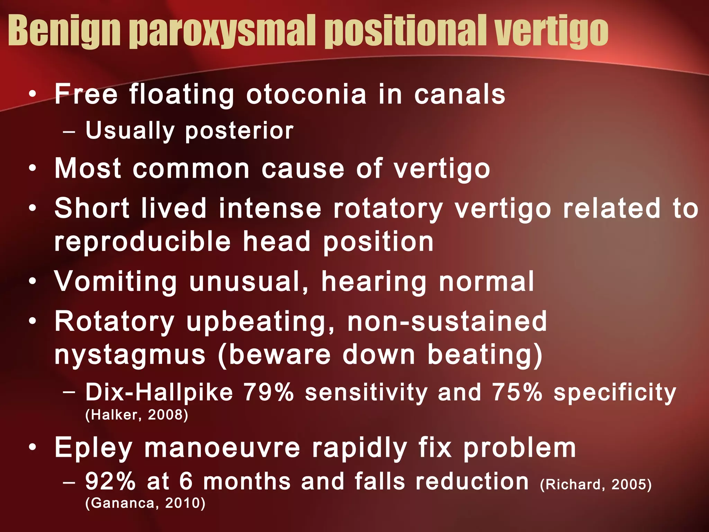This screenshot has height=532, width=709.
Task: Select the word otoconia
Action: click(306, 94)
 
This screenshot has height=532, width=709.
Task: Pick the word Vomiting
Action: click(116, 281)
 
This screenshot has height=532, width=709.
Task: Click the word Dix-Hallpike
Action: click(159, 392)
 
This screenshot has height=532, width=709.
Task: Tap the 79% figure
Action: click(269, 392)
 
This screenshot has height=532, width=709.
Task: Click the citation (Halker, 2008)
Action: click(137, 415)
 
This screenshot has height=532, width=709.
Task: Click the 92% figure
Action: click(110, 481)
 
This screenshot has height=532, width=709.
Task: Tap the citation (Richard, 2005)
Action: click(596, 484)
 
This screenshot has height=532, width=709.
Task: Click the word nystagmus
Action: click(130, 355)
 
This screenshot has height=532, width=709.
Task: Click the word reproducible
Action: click(142, 242)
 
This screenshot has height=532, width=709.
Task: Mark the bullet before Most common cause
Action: click(33, 169)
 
